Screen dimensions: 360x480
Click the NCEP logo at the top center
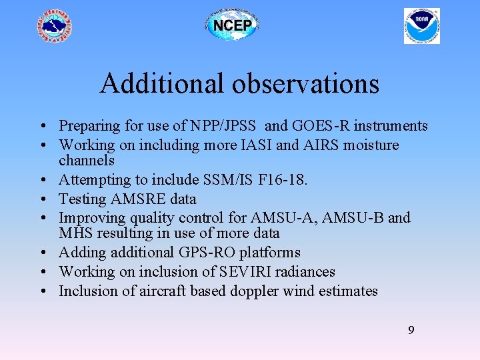tap(231, 26)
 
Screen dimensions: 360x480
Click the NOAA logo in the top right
tap(422, 26)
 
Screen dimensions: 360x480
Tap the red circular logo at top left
tap(54, 26)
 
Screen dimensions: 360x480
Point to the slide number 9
tap(411, 329)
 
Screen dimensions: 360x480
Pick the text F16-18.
tap(288, 180)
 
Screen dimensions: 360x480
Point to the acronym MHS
tap(75, 233)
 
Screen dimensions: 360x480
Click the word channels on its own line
tap(87, 161)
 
